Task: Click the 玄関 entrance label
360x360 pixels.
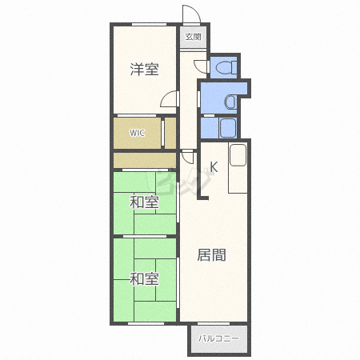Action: point(193,37)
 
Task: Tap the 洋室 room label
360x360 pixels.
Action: point(144,69)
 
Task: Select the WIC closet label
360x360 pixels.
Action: point(138,133)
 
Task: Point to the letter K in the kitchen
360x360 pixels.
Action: point(214,167)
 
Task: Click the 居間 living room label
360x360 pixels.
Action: point(211,254)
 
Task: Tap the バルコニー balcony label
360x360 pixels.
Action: point(218,338)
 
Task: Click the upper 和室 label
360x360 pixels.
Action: point(144,202)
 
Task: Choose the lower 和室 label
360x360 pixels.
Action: point(144,279)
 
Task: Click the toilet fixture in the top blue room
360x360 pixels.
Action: point(226,67)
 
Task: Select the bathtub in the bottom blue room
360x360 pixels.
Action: point(228,128)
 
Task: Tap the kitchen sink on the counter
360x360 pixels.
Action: point(238,155)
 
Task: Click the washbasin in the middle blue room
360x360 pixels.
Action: point(230,102)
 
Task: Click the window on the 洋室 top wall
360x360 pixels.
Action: point(149,25)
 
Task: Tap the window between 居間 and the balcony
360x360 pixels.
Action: point(214,323)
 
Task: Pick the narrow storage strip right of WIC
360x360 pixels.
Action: point(170,133)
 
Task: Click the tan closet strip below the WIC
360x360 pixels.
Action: point(145,161)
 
